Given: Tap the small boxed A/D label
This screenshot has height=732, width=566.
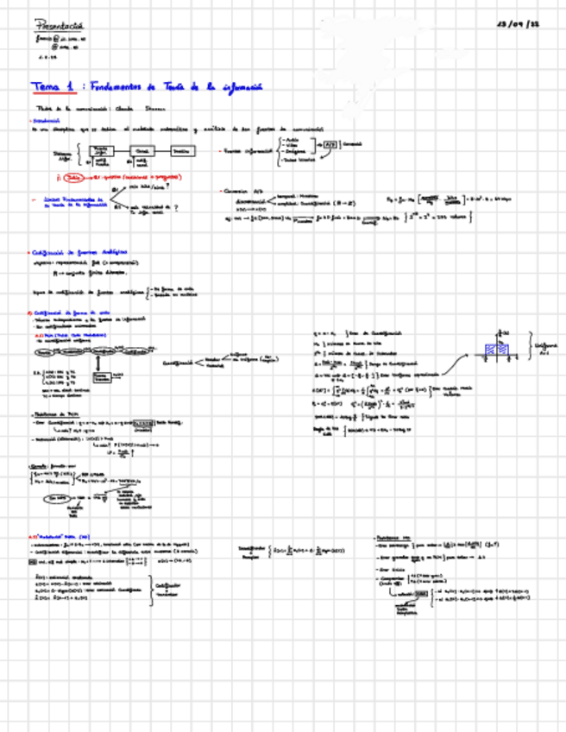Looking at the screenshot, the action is [x=329, y=145].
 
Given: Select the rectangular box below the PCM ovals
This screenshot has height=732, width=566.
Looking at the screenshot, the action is [x=102, y=379].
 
